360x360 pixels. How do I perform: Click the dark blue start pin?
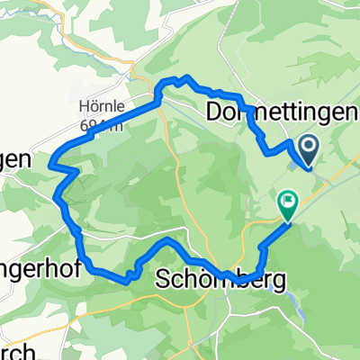(x=307, y=149)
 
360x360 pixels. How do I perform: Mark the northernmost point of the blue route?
(x=186, y=77)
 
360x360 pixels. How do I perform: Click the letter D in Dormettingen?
(x=214, y=112)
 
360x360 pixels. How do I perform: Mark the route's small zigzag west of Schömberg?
(x=133, y=273)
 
